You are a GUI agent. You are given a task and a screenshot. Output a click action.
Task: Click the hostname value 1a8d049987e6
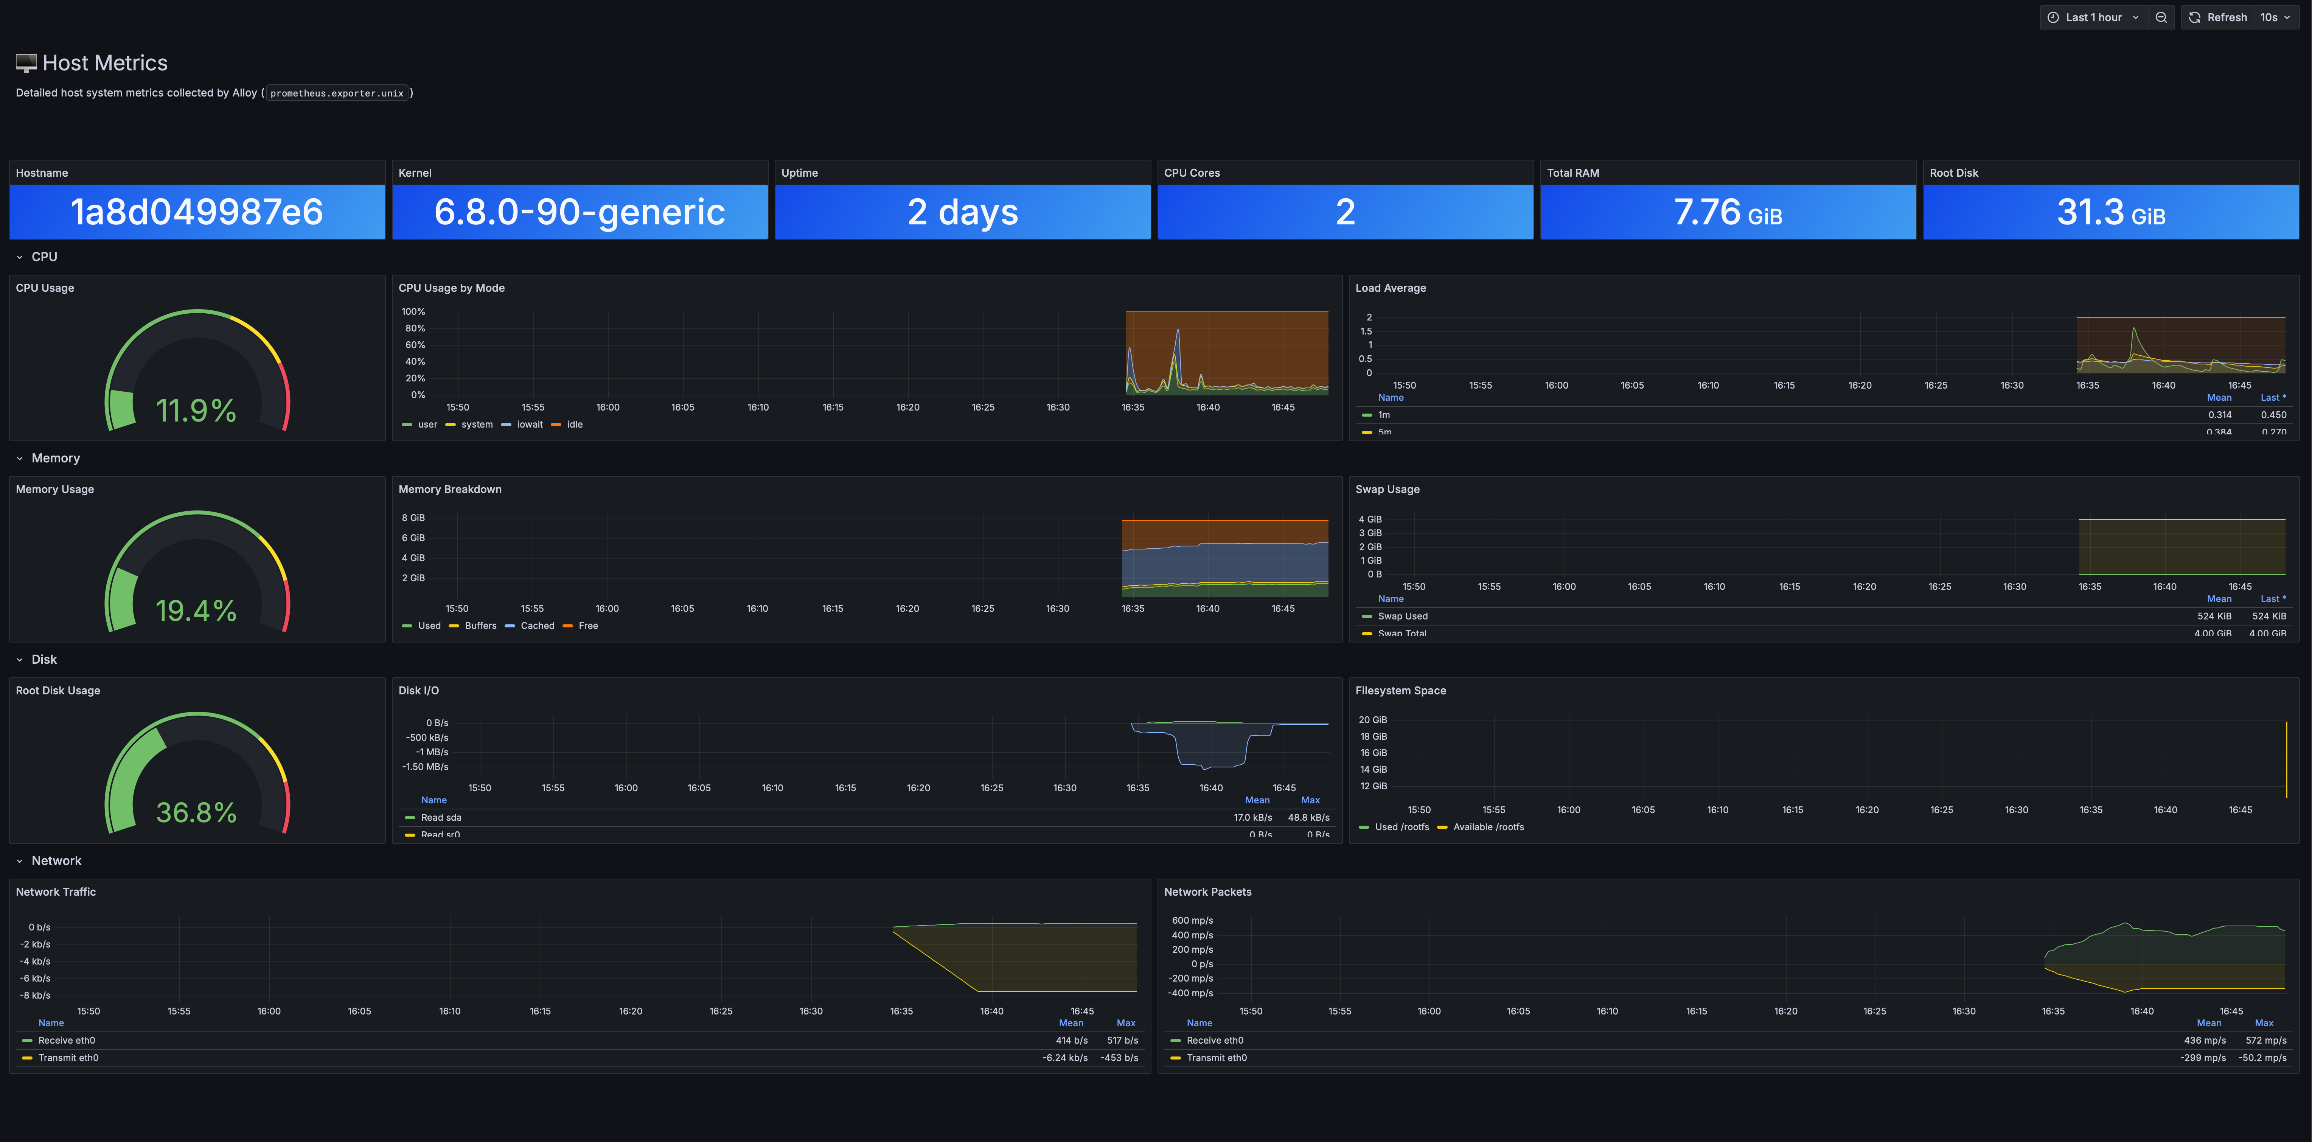coord(197,212)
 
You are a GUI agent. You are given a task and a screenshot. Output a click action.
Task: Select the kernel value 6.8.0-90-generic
coord(579,212)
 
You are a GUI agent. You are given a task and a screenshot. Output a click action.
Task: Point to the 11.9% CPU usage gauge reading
coord(196,410)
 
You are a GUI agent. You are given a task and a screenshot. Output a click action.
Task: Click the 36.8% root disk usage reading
coord(196,812)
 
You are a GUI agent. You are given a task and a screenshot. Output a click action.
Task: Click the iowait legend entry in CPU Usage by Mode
coord(529,425)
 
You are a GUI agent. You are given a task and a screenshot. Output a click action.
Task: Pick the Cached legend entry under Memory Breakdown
coord(537,626)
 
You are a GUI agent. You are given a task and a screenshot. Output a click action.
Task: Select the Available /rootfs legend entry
coord(1487,827)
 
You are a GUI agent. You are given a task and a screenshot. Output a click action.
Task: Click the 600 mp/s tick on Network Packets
coord(1192,920)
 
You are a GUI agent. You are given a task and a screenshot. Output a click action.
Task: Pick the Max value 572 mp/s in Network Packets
coord(2265,1041)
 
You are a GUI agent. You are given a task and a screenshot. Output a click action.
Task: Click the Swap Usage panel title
coord(1387,489)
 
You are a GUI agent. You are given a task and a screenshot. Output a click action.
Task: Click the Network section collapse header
coord(56,861)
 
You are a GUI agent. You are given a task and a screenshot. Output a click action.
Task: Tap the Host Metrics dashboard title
coord(104,63)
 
